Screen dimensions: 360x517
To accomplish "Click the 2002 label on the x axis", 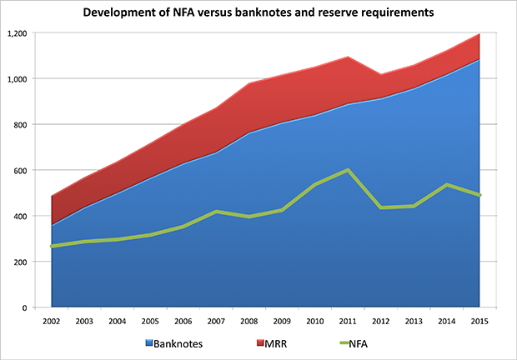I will [x=51, y=320].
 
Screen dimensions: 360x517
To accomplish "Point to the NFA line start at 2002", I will [x=52, y=247].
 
